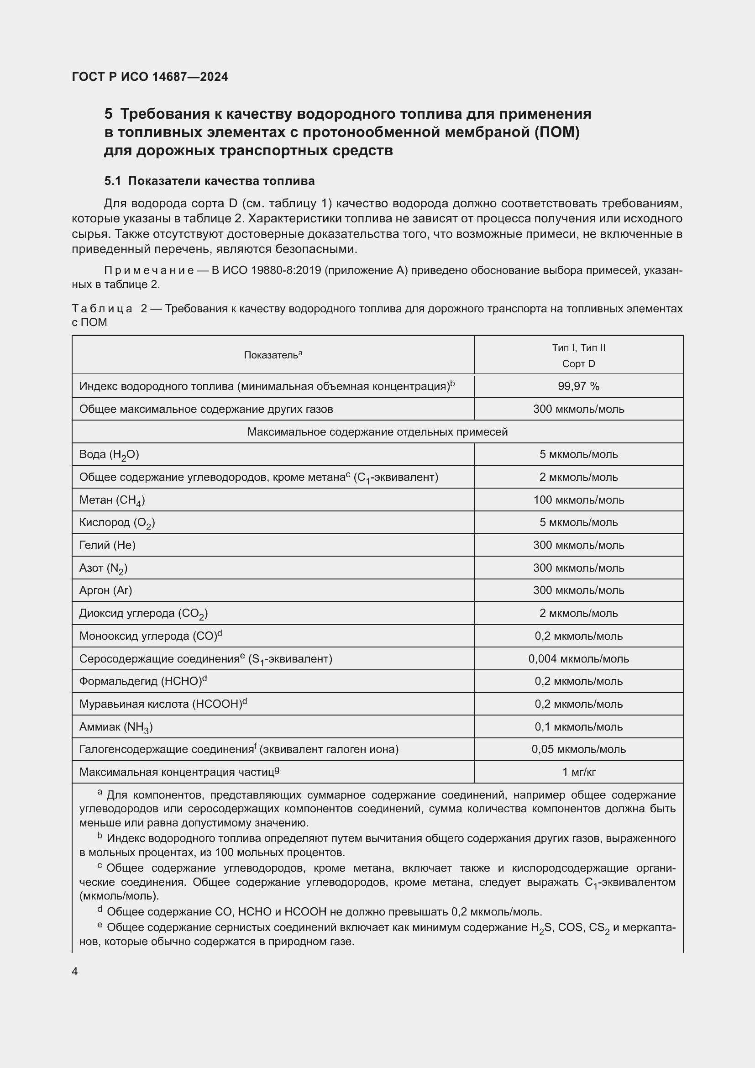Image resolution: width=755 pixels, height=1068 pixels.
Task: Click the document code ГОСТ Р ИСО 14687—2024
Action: tap(150, 77)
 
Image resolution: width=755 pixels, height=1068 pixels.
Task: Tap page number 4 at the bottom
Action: tap(75, 971)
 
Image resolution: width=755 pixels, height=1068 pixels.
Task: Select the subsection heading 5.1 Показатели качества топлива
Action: tap(209, 181)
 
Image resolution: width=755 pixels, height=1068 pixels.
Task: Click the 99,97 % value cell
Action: tap(578, 386)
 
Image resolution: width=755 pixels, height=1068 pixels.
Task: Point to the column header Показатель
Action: tap(273, 355)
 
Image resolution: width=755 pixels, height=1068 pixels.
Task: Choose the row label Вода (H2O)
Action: tap(109, 454)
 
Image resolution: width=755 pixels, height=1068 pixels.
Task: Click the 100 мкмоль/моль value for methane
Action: tap(578, 500)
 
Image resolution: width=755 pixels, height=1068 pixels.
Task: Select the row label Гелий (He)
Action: tap(107, 545)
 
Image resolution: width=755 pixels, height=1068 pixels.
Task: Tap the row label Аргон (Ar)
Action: tap(105, 590)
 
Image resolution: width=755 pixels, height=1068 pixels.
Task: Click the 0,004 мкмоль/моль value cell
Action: tap(578, 659)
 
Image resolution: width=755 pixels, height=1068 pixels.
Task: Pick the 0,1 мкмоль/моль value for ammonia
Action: tap(578, 726)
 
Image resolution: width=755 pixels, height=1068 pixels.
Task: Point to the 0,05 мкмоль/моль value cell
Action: tap(578, 749)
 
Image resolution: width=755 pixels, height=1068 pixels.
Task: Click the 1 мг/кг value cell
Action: tap(578, 772)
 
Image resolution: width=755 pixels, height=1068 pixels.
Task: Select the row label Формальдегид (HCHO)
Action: tap(142, 681)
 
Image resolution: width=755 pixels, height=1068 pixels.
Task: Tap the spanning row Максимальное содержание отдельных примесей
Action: tap(377, 431)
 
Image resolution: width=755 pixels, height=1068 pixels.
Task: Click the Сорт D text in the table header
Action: tap(578, 364)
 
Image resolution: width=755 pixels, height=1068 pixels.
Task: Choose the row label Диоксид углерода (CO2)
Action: tap(143, 614)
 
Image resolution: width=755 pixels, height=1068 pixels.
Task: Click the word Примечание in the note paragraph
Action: tap(149, 270)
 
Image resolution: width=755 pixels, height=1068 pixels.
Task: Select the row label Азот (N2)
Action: tap(103, 568)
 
